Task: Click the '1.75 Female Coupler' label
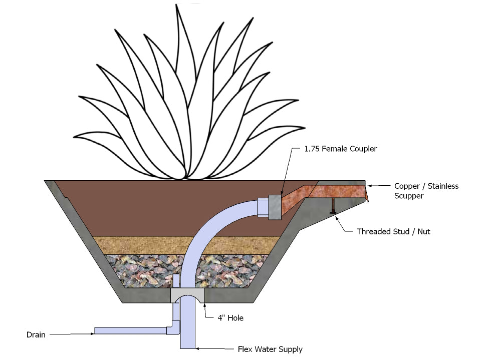click(340, 149)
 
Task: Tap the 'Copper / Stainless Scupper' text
click(426, 191)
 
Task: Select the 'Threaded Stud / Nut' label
click(393, 231)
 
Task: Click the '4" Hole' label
click(231, 318)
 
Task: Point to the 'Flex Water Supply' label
click(270, 349)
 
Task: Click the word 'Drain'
click(36, 334)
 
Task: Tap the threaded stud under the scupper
click(332, 206)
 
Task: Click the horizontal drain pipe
click(130, 330)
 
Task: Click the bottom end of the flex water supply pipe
click(188, 346)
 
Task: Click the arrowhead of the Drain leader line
click(92, 333)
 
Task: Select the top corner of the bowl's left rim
click(45, 181)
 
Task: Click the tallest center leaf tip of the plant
click(177, 6)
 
